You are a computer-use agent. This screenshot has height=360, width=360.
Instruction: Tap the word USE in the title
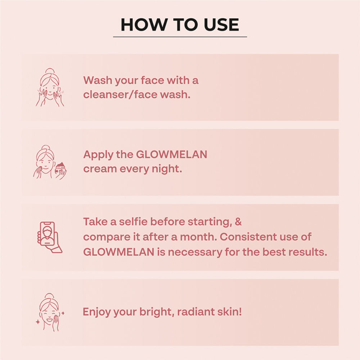[x=221, y=24]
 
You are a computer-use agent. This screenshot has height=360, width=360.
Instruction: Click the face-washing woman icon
[x=50, y=87]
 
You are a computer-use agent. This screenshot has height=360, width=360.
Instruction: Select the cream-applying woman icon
[x=50, y=162]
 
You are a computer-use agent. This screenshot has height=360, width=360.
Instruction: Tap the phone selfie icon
[x=49, y=237]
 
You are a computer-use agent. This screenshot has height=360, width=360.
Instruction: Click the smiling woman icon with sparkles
[x=50, y=312]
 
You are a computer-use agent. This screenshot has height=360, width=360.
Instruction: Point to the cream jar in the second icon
[x=60, y=168]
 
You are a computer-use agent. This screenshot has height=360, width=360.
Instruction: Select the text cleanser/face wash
[x=137, y=95]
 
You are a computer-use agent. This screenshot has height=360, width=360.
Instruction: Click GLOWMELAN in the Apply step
[x=172, y=154]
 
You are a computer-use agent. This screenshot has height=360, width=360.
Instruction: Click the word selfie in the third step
[x=133, y=222]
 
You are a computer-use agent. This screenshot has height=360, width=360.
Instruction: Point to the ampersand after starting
[x=238, y=222]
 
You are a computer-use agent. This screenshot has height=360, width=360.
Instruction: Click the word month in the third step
[x=198, y=237]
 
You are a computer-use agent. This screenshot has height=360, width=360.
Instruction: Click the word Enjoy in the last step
[x=96, y=312]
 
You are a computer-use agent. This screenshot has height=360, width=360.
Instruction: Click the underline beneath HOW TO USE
[x=180, y=37]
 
